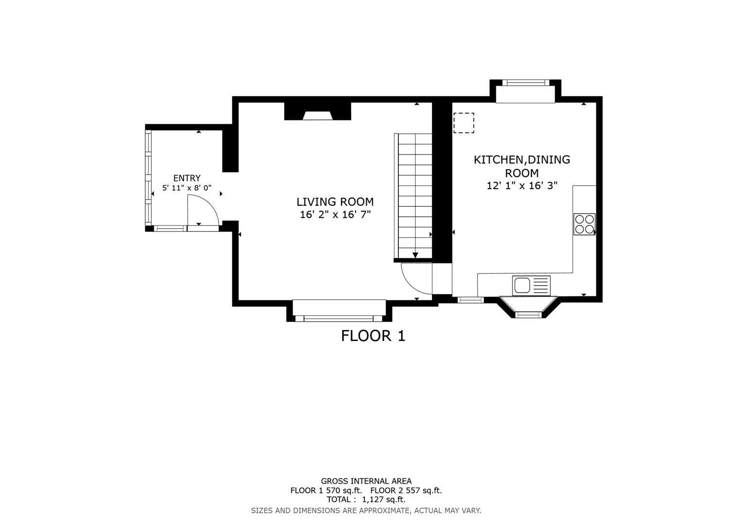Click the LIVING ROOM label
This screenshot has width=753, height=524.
pos(335,202)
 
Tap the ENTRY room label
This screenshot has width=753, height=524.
pos(187,178)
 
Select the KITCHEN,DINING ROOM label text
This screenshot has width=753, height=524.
pos(522,166)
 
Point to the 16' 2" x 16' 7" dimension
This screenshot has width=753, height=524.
pos(335,214)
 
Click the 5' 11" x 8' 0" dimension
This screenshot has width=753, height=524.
pos(187,188)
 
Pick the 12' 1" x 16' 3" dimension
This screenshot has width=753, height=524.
pos(522,185)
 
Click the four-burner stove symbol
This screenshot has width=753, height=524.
pos(584,224)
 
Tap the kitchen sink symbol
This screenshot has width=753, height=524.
pos(531,285)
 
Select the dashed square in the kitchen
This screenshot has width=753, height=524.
pos(463,123)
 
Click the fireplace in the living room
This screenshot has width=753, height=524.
pos(317,115)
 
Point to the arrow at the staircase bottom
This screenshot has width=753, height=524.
pos(415,255)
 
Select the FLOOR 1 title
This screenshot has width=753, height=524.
pos(373,336)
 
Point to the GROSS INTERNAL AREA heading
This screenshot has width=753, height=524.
pos(366,481)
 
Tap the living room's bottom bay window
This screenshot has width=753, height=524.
pos(339,318)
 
